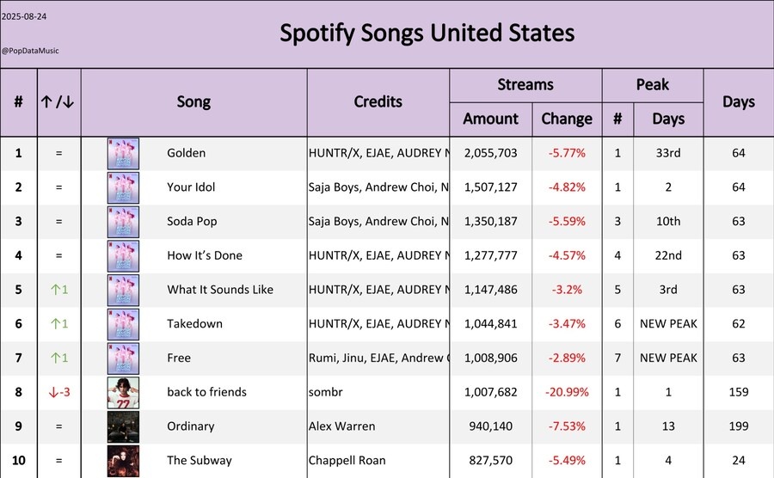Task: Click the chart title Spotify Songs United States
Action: (x=427, y=34)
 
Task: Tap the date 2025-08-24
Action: (x=23, y=16)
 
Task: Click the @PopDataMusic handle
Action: (x=30, y=51)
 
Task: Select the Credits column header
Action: (x=378, y=101)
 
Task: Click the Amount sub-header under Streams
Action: (x=490, y=119)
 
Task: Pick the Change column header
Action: (x=567, y=119)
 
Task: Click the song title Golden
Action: (x=186, y=153)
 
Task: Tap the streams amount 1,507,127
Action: (x=490, y=187)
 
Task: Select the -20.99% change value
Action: (x=567, y=392)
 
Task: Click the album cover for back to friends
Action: (x=123, y=392)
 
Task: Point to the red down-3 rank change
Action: (x=58, y=392)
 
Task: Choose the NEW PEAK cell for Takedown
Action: (x=668, y=323)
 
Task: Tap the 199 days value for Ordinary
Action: (x=738, y=426)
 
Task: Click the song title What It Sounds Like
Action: (x=219, y=290)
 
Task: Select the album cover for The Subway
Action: (x=123, y=460)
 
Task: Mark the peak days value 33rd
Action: (x=668, y=153)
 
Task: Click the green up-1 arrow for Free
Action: (x=58, y=358)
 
